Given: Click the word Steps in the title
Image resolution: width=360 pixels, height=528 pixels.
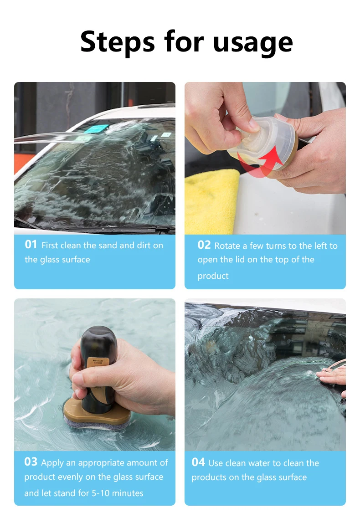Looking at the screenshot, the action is click(x=118, y=42).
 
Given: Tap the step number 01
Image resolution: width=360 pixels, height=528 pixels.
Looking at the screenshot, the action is click(x=31, y=244).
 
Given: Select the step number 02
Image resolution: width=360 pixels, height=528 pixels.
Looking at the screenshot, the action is click(x=204, y=245).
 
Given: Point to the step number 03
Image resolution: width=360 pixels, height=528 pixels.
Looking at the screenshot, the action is click(x=31, y=461).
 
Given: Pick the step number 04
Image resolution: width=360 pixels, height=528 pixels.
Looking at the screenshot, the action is click(x=198, y=462).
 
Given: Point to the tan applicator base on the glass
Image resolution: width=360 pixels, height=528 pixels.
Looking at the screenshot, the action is click(x=96, y=413).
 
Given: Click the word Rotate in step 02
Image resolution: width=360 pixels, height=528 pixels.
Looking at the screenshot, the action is click(x=227, y=246).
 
